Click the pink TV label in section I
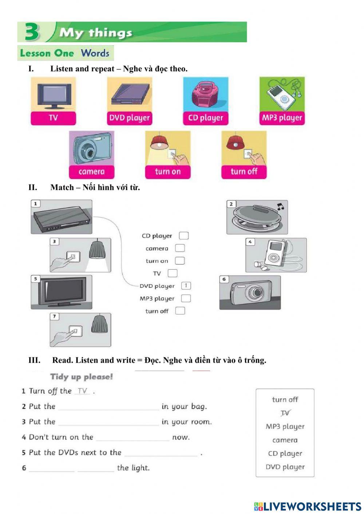pos(53,118)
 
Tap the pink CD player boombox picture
pos(205,94)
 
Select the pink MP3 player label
pos(282,118)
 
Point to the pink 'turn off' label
pos(244,171)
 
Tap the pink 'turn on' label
pos(167,171)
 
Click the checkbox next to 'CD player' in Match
pos(184,236)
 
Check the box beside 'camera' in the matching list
pos(180,248)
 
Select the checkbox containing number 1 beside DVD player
pos(186,286)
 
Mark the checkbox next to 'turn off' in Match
pos(180,311)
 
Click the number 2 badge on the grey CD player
pos(231,204)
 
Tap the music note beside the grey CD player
pos(280,207)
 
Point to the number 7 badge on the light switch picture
pos(54,316)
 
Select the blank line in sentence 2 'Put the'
pos(108,407)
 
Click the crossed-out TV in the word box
pos(285,413)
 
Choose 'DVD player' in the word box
pos(285,467)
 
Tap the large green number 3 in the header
pos(32,32)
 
